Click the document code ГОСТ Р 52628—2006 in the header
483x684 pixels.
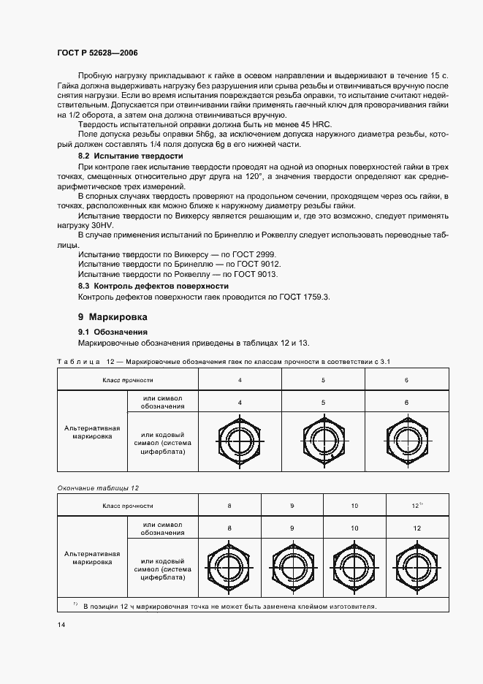(x=97, y=53)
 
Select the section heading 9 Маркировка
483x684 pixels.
(x=113, y=317)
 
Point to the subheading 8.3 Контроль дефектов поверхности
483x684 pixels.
(x=153, y=286)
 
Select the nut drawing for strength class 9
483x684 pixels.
(x=292, y=568)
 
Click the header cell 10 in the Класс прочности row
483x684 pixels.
(x=354, y=506)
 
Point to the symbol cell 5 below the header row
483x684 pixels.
(x=323, y=402)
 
